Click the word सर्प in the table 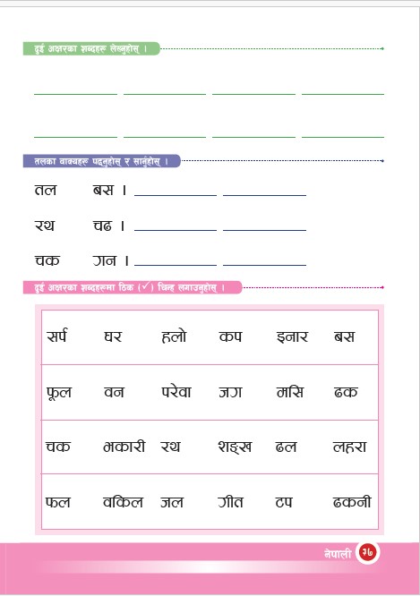(x=57, y=337)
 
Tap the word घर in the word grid (x=113, y=337)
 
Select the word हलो (x=174, y=337)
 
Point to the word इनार (x=293, y=337)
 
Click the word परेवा (x=177, y=392)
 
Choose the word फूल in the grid (x=58, y=392)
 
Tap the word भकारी (x=124, y=446)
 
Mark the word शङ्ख (x=235, y=446)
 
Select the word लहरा (x=349, y=446)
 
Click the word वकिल (x=124, y=501)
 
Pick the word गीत (x=234, y=501)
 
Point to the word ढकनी (x=352, y=501)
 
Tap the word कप (x=230, y=337)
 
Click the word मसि (x=290, y=392)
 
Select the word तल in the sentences (x=46, y=189)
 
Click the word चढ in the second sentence (x=101, y=225)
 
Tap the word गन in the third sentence (x=105, y=260)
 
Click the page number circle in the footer (x=367, y=553)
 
